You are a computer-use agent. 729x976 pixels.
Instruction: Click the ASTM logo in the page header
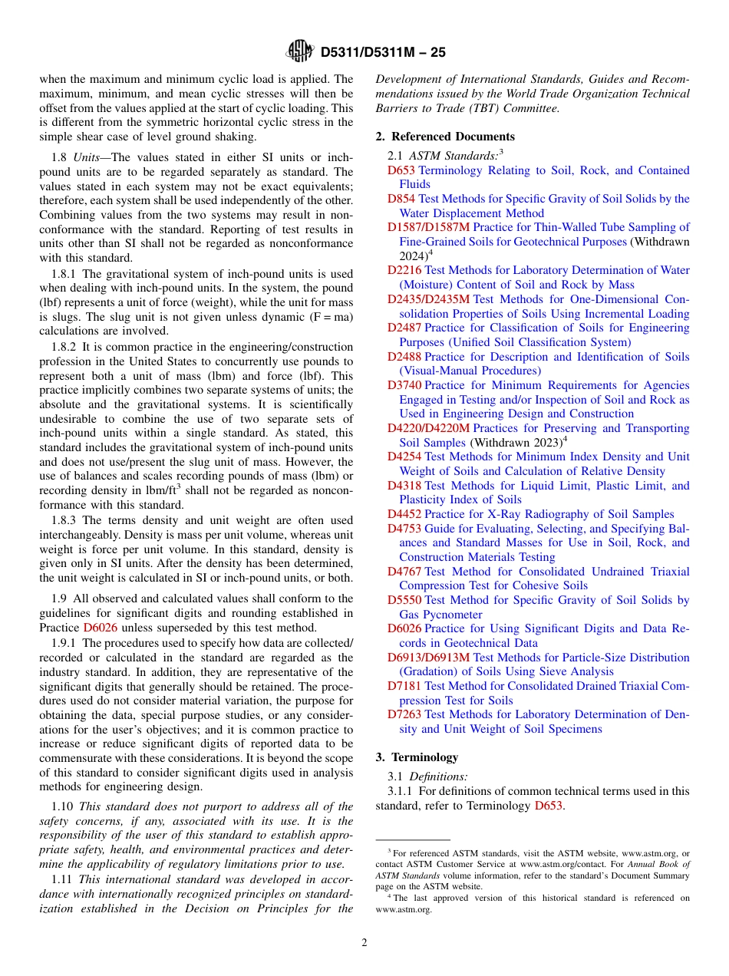coord(300,51)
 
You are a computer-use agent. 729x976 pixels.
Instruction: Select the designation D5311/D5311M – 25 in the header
coord(383,52)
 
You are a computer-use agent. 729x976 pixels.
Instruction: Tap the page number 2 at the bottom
coord(364,943)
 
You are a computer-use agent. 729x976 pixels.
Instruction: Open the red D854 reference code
coord(401,199)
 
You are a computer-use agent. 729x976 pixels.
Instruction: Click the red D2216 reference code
coord(404,270)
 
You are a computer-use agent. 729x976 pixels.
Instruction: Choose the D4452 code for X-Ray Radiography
coord(404,514)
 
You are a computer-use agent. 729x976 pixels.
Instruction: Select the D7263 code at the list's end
coord(404,714)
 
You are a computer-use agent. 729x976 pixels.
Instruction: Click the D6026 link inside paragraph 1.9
coord(101,628)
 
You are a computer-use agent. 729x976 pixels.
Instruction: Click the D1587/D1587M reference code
coord(428,227)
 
